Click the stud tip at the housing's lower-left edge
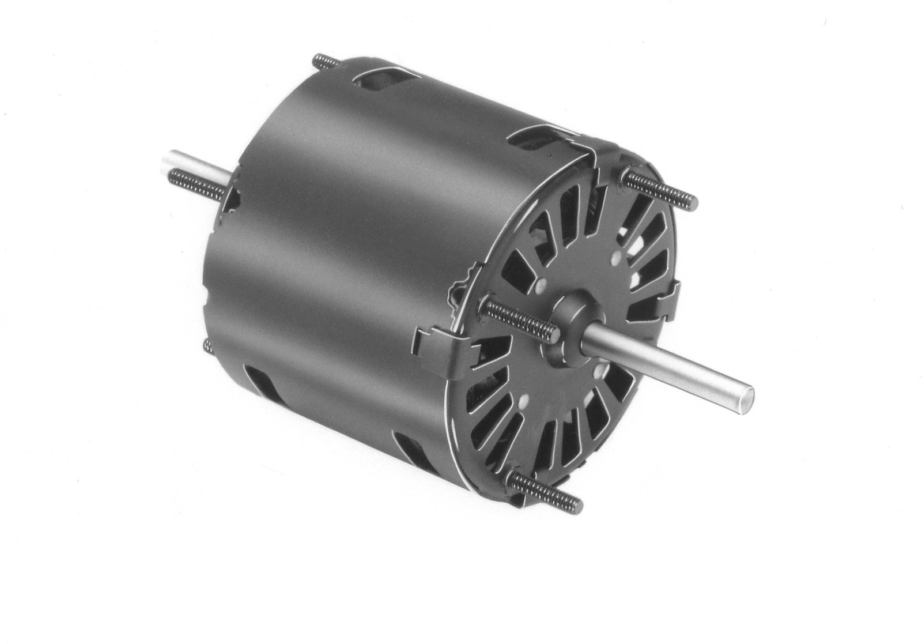click(x=208, y=344)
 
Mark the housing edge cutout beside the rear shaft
click(x=231, y=199)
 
